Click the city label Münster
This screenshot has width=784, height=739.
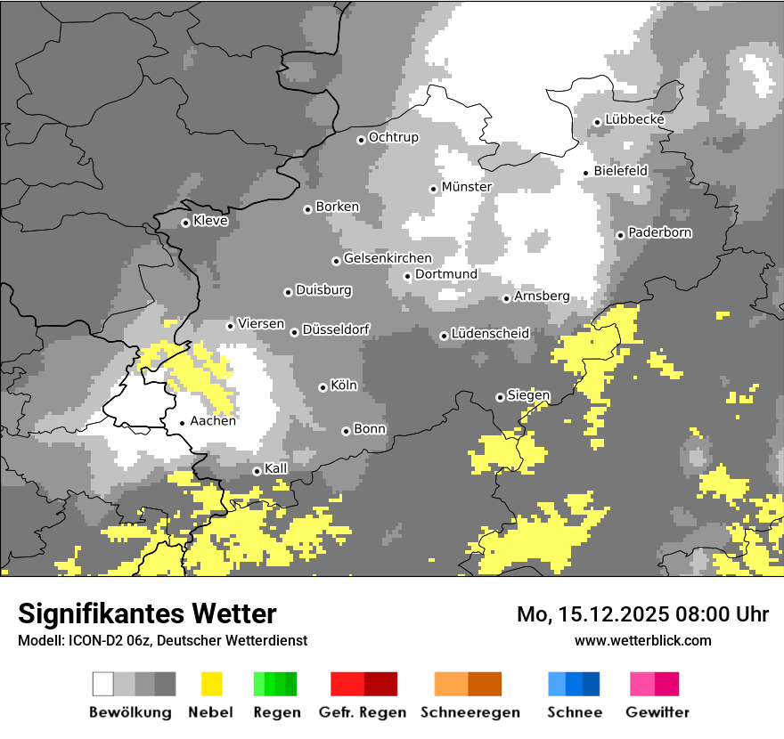(467, 187)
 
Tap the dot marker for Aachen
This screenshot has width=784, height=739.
(182, 424)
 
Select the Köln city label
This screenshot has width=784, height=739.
(344, 386)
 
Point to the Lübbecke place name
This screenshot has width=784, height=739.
(635, 119)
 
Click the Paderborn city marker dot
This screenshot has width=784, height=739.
(620, 235)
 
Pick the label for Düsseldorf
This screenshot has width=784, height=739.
(336, 329)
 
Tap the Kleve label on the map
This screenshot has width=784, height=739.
(210, 221)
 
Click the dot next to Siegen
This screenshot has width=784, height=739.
(500, 397)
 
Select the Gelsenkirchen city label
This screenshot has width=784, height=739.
(388, 258)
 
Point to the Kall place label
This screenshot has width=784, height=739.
(276, 468)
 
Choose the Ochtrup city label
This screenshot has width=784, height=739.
(394, 137)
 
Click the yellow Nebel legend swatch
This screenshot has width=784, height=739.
(212, 684)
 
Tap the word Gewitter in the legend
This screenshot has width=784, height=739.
(657, 712)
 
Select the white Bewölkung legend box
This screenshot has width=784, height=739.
(102, 684)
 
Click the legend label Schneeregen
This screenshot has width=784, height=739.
(469, 712)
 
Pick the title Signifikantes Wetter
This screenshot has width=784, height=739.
(147, 613)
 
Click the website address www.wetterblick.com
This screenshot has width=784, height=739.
(642, 640)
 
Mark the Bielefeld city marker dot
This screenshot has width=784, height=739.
(586, 173)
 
